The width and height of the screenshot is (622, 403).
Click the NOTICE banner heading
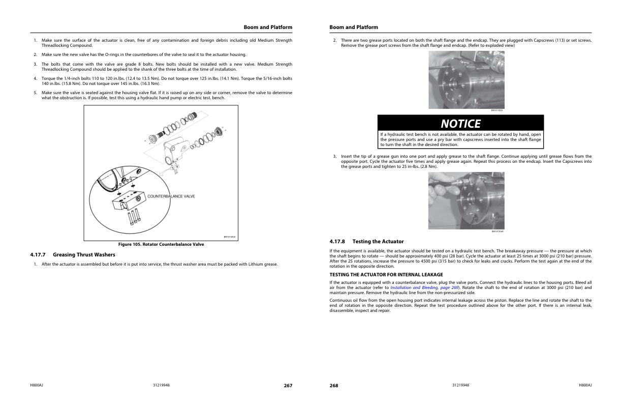(x=460, y=124)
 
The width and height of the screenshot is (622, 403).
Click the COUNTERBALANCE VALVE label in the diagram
(x=171, y=196)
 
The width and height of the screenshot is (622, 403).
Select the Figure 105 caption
(x=161, y=244)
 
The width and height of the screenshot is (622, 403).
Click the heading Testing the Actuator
(x=378, y=241)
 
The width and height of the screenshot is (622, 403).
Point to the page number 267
(x=288, y=386)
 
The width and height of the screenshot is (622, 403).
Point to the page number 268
(x=334, y=386)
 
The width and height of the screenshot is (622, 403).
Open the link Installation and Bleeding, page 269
(x=424, y=287)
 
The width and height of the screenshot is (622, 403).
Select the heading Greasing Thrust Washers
(x=84, y=254)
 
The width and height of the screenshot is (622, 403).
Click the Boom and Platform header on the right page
(x=354, y=27)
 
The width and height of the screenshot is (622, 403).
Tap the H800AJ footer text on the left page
(x=37, y=385)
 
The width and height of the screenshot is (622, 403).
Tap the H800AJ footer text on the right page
(x=585, y=385)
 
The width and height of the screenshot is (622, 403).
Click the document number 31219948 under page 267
(x=161, y=385)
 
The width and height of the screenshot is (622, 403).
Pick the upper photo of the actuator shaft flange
(x=466, y=80)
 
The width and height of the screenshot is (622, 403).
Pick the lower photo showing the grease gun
(x=466, y=200)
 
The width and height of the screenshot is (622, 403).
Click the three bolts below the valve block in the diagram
(x=134, y=218)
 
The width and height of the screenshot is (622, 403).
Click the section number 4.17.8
(x=337, y=241)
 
